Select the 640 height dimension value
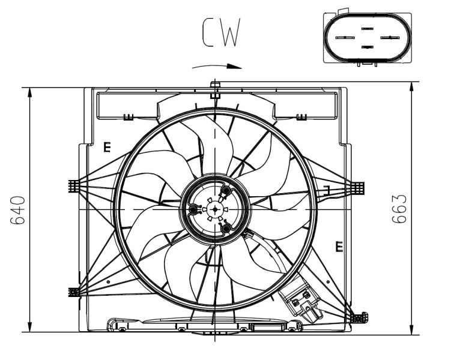point(19,209)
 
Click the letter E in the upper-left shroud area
point(107,146)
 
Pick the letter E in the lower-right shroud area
point(339,246)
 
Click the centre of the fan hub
point(214,209)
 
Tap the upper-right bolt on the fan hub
point(226,191)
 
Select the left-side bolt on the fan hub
point(193,209)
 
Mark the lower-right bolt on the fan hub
point(226,228)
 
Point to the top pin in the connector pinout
point(367,28)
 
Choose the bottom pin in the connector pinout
point(367,47)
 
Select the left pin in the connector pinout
point(343,37)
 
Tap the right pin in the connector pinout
point(390,37)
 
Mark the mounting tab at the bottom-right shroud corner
point(360,316)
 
